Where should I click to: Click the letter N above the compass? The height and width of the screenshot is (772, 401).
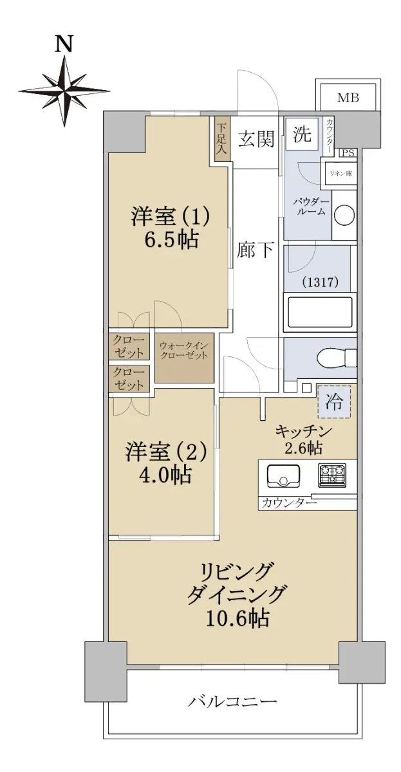[64, 44]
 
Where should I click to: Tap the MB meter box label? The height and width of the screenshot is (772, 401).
[348, 98]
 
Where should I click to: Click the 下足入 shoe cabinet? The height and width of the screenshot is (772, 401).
[221, 139]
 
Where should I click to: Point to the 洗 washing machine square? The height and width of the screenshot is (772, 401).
[302, 134]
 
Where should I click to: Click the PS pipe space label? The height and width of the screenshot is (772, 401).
[348, 152]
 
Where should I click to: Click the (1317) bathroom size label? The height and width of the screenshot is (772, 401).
[320, 282]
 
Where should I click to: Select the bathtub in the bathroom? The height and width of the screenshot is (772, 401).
[320, 312]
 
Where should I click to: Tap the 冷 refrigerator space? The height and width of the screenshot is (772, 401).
[334, 401]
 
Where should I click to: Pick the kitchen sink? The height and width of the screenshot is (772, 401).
[283, 475]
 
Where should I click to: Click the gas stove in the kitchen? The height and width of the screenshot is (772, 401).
[332, 475]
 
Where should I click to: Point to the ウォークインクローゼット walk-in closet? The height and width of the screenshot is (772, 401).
[184, 358]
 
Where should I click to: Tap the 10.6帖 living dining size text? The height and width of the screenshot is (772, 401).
[238, 618]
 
